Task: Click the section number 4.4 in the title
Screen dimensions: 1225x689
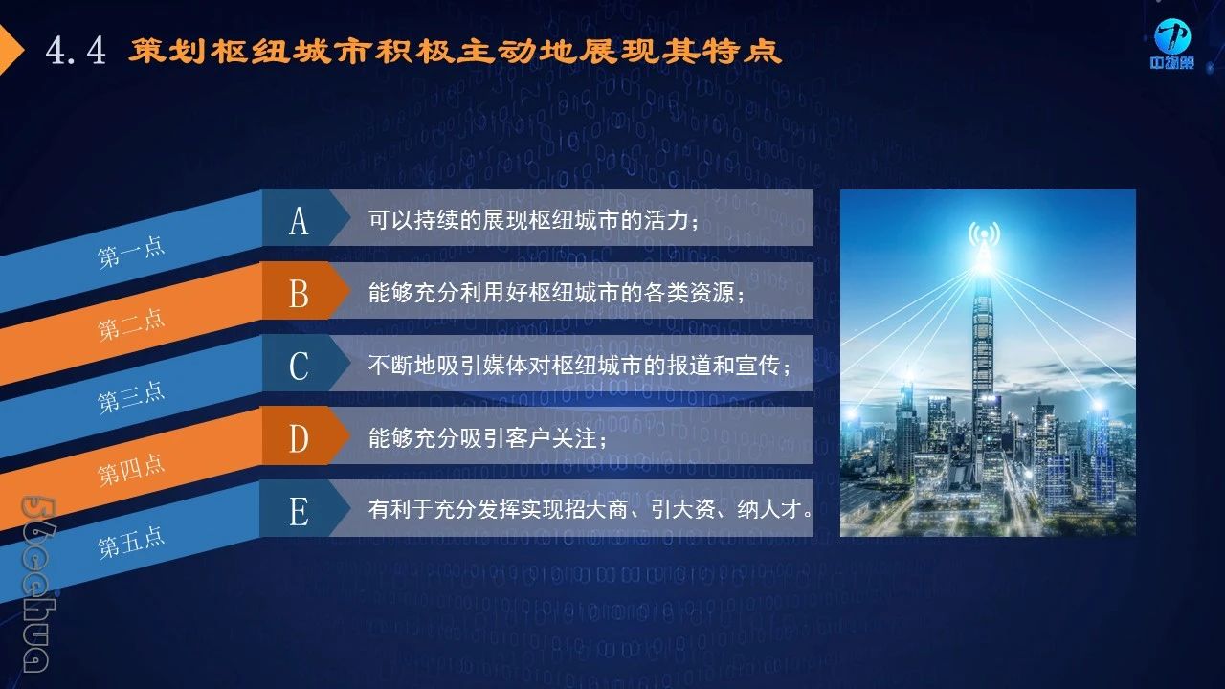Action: pyautogui.click(x=76, y=51)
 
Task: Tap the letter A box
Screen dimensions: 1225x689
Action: pyautogui.click(x=304, y=217)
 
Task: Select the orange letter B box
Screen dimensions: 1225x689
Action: pyautogui.click(x=304, y=290)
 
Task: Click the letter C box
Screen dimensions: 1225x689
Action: pyautogui.click(x=304, y=363)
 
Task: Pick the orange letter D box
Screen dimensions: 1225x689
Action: pyautogui.click(x=304, y=435)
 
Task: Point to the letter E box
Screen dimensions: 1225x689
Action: pyautogui.click(x=304, y=508)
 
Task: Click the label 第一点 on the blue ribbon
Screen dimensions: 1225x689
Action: pyautogui.click(x=131, y=252)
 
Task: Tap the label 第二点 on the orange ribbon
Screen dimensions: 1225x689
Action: pyautogui.click(x=131, y=324)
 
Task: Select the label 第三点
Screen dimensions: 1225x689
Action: pyautogui.click(x=131, y=397)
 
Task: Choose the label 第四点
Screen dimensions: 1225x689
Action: pyautogui.click(x=131, y=470)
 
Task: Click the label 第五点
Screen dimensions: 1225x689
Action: pyautogui.click(x=131, y=543)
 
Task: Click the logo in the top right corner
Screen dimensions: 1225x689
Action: pyautogui.click(x=1171, y=45)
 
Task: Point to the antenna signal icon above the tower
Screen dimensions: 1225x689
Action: pyautogui.click(x=985, y=235)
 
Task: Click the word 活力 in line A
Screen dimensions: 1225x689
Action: pyautogui.click(x=666, y=220)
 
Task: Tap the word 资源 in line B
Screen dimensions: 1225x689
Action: pyautogui.click(x=712, y=293)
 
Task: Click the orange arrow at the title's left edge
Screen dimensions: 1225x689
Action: pyautogui.click(x=11, y=51)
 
